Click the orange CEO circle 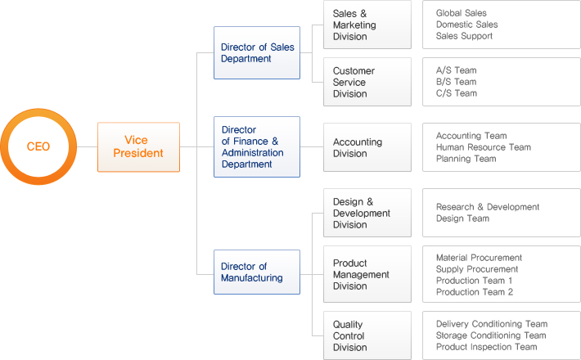pyautogui.click(x=38, y=147)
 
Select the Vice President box pyautogui.click(x=138, y=147)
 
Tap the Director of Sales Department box pyautogui.click(x=257, y=53)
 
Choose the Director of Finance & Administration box pyautogui.click(x=257, y=147)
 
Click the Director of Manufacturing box pyautogui.click(x=257, y=272)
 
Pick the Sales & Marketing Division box pyautogui.click(x=367, y=25)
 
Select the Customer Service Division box pyautogui.click(x=367, y=82)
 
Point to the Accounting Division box pyautogui.click(x=367, y=147)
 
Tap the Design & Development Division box pyautogui.click(x=367, y=213)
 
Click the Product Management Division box pyautogui.click(x=367, y=275)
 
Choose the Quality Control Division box pyautogui.click(x=367, y=335)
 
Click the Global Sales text pyautogui.click(x=462, y=13)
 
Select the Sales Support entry pyautogui.click(x=464, y=36)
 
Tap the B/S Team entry pyautogui.click(x=456, y=82)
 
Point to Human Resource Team pyautogui.click(x=484, y=147)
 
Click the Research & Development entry pyautogui.click(x=488, y=207)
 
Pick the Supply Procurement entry pyautogui.click(x=477, y=269)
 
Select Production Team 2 pyautogui.click(x=475, y=292)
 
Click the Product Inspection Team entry pyautogui.click(x=486, y=347)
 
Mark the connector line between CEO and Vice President pyautogui.click(x=87, y=147)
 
